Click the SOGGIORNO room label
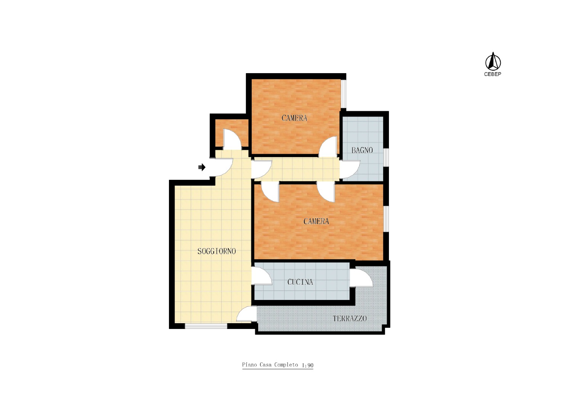click(217, 252)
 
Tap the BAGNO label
click(362, 150)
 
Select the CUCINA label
click(300, 282)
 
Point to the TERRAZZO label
click(350, 319)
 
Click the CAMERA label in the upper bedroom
click(294, 118)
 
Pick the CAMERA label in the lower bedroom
click(316, 221)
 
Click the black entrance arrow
click(202, 167)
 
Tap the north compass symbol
click(493, 61)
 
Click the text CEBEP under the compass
click(493, 74)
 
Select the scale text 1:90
click(308, 366)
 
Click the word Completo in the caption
click(286, 365)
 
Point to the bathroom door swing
click(350, 169)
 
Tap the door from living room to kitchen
click(262, 276)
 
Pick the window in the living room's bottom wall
click(206, 326)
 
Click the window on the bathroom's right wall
click(386, 157)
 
